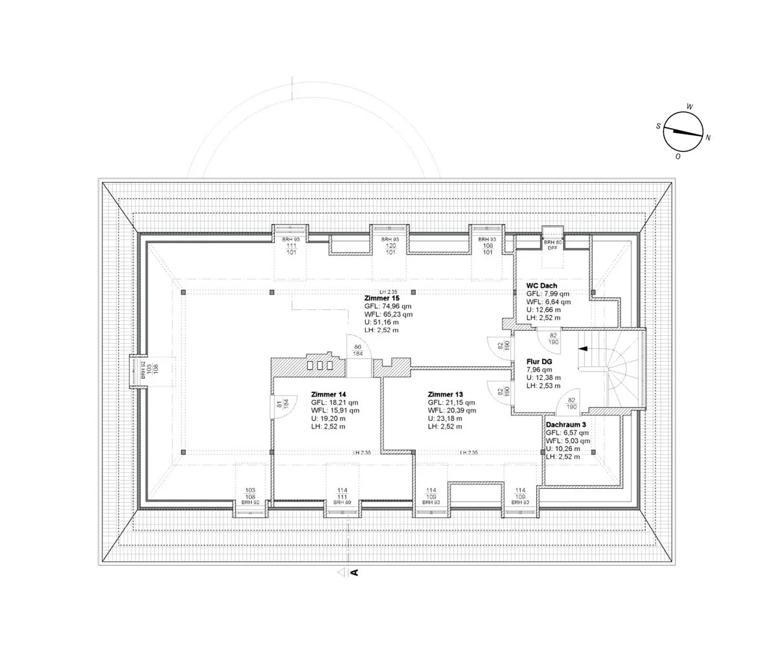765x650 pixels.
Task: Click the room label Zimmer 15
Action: click(x=382, y=298)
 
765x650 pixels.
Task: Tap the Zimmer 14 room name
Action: click(x=329, y=394)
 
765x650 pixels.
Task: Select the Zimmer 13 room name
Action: click(x=446, y=394)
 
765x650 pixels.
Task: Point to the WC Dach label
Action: click(x=542, y=286)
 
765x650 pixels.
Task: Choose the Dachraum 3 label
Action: click(x=566, y=425)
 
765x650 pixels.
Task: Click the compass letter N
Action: click(x=708, y=137)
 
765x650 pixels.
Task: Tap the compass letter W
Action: click(x=690, y=107)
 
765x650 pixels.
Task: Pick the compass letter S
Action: click(x=658, y=126)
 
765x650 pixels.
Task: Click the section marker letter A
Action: click(x=354, y=572)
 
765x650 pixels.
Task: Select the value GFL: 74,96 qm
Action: click(x=388, y=306)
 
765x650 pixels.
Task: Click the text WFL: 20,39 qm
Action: click(x=452, y=410)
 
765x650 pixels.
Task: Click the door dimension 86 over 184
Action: click(x=358, y=350)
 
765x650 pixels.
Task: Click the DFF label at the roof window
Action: click(x=553, y=248)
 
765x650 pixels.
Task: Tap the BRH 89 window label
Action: click(x=342, y=502)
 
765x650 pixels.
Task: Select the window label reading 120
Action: click(x=391, y=246)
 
